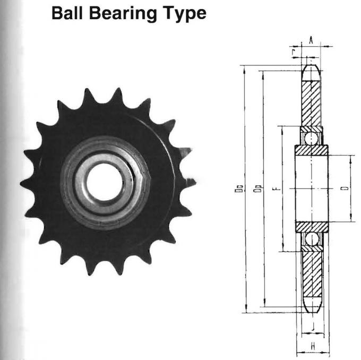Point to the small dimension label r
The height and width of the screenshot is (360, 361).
point(294,50)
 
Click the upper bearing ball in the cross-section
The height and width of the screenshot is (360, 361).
point(312,138)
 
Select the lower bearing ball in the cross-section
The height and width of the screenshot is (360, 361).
point(312,239)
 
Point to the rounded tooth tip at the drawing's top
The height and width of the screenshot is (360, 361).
point(312,70)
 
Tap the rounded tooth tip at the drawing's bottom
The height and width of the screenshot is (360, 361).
point(312,308)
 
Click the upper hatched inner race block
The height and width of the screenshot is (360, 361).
point(312,150)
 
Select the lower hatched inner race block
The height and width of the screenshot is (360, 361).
point(312,227)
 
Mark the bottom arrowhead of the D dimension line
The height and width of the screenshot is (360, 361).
point(350,219)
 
